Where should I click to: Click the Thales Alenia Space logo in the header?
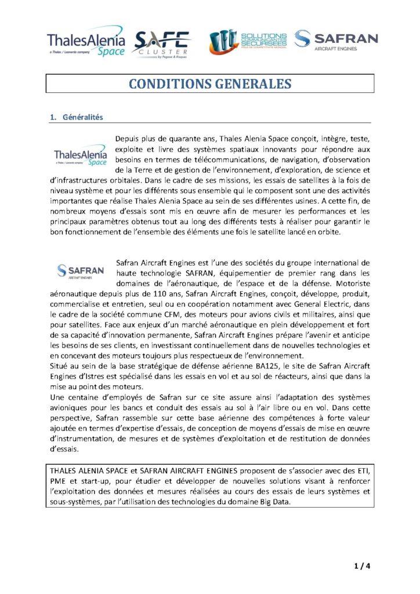86,42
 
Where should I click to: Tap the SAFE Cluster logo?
162,43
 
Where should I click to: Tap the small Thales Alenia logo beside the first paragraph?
81,157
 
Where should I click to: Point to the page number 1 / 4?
362,566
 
